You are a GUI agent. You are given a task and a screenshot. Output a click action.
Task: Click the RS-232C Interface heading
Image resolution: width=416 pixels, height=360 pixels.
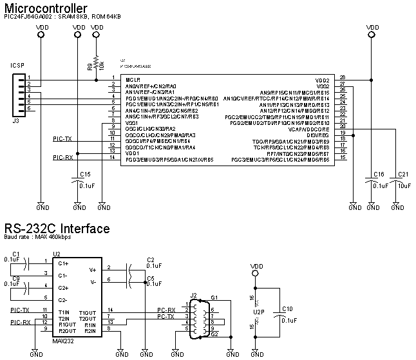(57, 229)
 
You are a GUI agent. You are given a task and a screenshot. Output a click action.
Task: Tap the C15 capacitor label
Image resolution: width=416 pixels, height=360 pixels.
(84, 174)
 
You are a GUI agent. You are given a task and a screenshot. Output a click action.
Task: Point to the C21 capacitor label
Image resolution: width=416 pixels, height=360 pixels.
(403, 174)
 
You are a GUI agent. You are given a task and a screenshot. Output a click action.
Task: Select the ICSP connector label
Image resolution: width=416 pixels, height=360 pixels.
(17, 66)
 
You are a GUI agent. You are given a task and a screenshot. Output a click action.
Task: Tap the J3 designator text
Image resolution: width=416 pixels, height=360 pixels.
(15, 120)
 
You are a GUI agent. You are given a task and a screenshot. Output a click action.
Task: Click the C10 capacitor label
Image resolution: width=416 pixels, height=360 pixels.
(288, 308)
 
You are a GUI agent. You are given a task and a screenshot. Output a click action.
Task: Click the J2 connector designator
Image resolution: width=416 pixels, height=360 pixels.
(193, 296)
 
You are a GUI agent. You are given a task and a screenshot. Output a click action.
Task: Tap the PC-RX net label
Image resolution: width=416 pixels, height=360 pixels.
(166, 310)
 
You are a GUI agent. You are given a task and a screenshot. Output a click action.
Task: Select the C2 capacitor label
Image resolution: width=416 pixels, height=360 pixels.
(150, 260)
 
